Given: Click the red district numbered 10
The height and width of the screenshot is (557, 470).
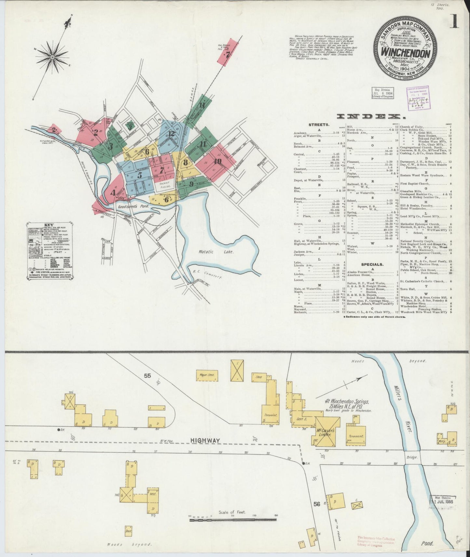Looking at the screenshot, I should click(x=218, y=161).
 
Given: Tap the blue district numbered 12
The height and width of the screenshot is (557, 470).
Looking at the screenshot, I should click(x=172, y=133).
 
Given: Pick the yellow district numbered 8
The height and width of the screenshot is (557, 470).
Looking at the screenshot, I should click(x=185, y=162).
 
